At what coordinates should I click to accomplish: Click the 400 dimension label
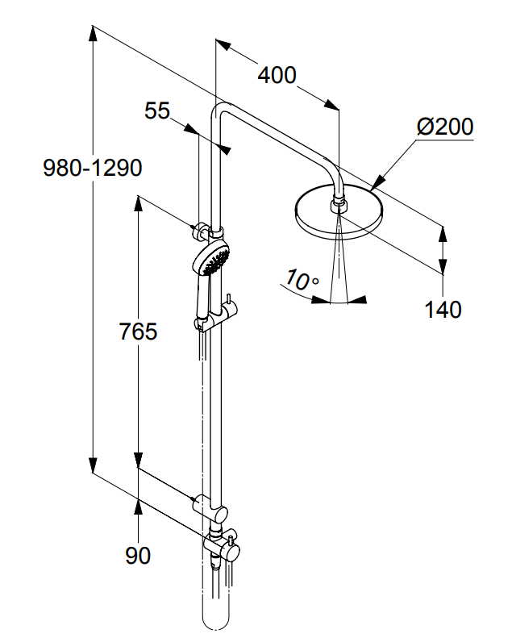click(x=277, y=76)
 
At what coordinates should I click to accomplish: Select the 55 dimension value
click(x=158, y=111)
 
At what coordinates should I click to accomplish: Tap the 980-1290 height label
click(x=93, y=169)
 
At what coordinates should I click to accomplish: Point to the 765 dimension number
click(x=137, y=331)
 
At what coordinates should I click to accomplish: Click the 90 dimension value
click(x=138, y=556)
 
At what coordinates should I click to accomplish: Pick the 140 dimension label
click(x=444, y=308)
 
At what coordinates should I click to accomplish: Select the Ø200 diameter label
click(x=445, y=127)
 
